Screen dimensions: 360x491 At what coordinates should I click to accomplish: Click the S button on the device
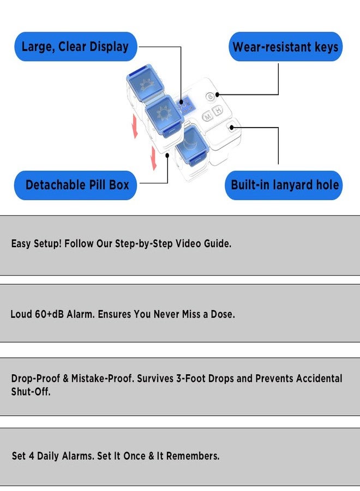coord(211,97)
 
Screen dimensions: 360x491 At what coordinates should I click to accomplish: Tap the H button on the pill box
coord(218,110)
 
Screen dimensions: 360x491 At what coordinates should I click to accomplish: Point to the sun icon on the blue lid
coord(163,113)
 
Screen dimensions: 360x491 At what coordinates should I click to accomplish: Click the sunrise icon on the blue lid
coord(146,83)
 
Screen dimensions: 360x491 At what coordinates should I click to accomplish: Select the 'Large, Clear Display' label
coord(75,46)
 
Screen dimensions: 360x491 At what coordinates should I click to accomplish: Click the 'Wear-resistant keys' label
coord(285,47)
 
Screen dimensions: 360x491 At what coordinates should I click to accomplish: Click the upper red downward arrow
coord(135,126)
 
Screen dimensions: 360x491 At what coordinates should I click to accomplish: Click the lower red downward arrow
coord(153,158)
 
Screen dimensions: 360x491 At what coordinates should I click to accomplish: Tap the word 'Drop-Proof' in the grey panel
coord(35,378)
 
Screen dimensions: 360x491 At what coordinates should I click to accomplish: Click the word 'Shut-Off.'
coord(31,391)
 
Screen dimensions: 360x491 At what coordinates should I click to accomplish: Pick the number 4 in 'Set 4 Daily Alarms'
coord(31,456)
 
